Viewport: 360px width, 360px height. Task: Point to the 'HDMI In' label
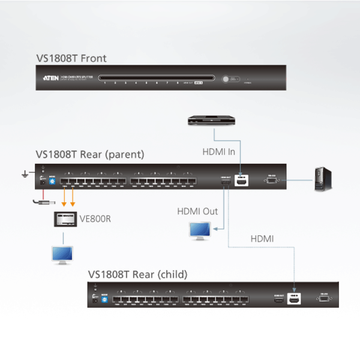[218, 152]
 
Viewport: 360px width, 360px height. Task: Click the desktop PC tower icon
[322, 178]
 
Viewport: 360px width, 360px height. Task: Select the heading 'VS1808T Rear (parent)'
[90, 154]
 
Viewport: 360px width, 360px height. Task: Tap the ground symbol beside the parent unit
[25, 175]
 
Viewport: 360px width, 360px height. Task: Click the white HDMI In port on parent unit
[242, 179]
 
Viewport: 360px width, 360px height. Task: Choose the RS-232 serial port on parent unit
[272, 179]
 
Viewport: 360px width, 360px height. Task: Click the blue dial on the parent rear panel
[53, 181]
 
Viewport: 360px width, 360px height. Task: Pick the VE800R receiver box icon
[64, 219]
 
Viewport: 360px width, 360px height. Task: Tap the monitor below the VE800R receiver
[62, 254]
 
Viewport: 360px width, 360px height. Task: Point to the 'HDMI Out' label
[197, 211]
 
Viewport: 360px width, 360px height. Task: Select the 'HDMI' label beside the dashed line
[262, 239]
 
